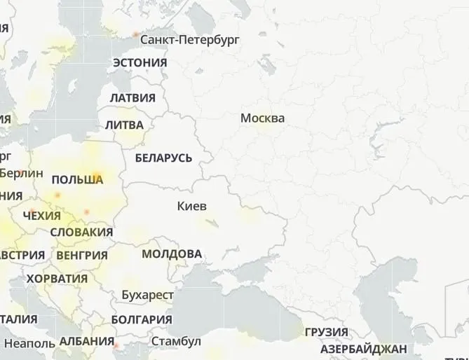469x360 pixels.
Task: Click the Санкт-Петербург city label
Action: (189, 40)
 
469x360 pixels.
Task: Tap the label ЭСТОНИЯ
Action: (140, 62)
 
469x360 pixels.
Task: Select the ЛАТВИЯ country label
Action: (132, 98)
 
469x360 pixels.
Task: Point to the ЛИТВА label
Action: (124, 125)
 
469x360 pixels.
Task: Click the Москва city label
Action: (262, 118)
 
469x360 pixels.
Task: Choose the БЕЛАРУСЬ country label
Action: (163, 158)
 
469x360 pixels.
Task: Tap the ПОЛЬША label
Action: (77, 180)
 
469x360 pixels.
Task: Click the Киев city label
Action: (191, 207)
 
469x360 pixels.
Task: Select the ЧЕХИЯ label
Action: (42, 216)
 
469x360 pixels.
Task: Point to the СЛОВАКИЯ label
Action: (82, 232)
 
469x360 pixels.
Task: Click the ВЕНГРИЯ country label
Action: (82, 255)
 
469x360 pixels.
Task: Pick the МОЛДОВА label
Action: (172, 254)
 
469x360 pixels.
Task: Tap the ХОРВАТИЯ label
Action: (57, 279)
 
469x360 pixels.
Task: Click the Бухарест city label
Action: (147, 295)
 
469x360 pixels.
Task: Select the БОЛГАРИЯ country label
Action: (141, 319)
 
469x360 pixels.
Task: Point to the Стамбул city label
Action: (176, 341)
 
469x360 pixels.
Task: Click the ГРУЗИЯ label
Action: (326, 332)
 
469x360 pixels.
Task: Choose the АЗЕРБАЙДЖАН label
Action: (363, 349)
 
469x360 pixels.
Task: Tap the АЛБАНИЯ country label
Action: (87, 342)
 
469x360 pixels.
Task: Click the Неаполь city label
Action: (29, 344)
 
